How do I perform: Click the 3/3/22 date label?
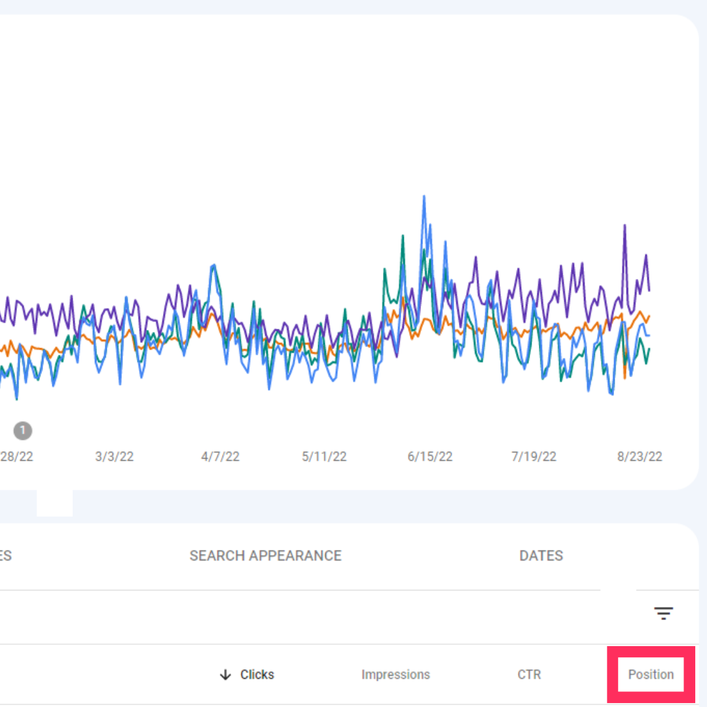pyautogui.click(x=115, y=456)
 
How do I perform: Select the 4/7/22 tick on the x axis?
pyautogui.click(x=220, y=456)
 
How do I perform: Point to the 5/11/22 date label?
pyautogui.click(x=324, y=456)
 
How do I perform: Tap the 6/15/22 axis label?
pyautogui.click(x=430, y=456)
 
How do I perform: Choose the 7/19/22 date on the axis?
pyautogui.click(x=534, y=456)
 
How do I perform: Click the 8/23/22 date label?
pyautogui.click(x=640, y=456)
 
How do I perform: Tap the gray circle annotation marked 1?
pyautogui.click(x=22, y=431)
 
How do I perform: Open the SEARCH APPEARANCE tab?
pyautogui.click(x=265, y=556)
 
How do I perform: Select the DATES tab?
pyautogui.click(x=541, y=556)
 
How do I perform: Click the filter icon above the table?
pyautogui.click(x=663, y=613)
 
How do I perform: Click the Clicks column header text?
pyautogui.click(x=257, y=674)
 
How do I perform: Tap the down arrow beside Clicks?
pyautogui.click(x=226, y=674)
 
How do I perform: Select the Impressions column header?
pyautogui.click(x=395, y=674)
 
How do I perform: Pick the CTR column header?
pyautogui.click(x=529, y=674)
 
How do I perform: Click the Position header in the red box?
pyautogui.click(x=651, y=674)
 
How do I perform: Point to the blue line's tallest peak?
pyautogui.click(x=424, y=196)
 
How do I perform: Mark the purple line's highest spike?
pyautogui.click(x=625, y=225)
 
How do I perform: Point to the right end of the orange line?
pyautogui.click(x=649, y=316)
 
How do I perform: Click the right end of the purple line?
pyautogui.click(x=649, y=290)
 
